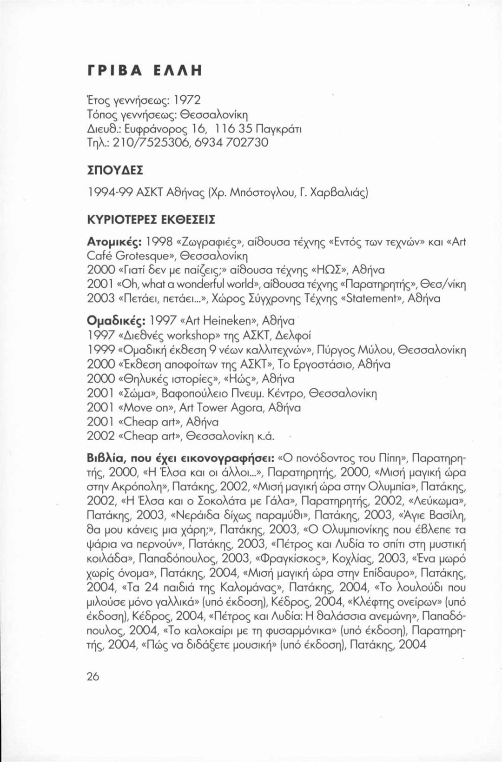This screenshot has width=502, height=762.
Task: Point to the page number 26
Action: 93,676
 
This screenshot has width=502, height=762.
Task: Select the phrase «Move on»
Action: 146,408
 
